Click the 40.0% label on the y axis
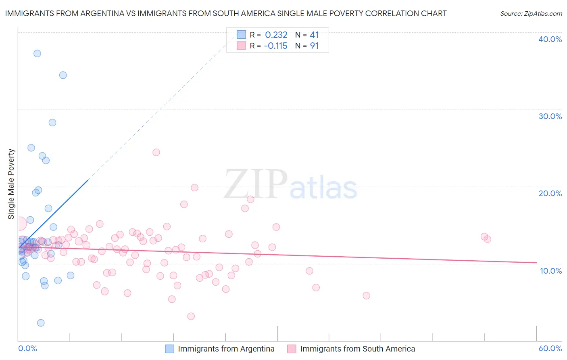(x=550, y=39)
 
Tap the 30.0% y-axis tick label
(x=550, y=116)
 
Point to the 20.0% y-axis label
(x=550, y=193)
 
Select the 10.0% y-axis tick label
(x=550, y=271)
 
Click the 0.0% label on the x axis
(x=27, y=348)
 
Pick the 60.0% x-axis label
(x=550, y=348)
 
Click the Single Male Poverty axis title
(x=11, y=184)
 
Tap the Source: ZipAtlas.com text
(x=531, y=13)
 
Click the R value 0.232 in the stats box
(x=276, y=35)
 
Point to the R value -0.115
(x=276, y=46)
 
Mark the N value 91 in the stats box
(x=314, y=46)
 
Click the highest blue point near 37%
(x=37, y=53)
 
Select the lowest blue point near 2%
(x=41, y=323)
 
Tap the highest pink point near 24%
(x=156, y=152)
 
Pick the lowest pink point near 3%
(x=191, y=316)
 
